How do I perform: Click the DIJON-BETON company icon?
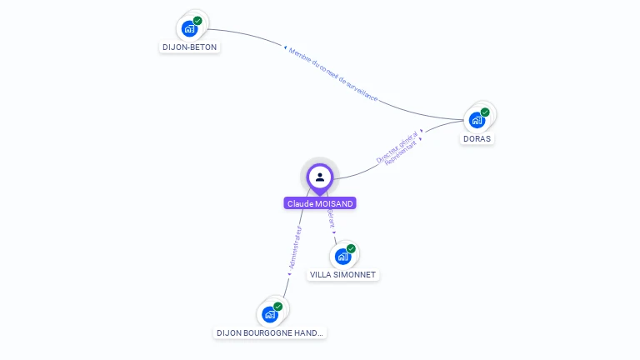tap(190, 28)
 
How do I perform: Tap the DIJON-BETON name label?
tap(189, 47)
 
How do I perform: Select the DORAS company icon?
tap(477, 119)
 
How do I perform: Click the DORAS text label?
tap(477, 138)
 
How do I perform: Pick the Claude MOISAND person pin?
tap(320, 177)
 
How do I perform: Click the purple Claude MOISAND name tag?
tap(320, 203)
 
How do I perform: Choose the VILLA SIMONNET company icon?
tap(342, 256)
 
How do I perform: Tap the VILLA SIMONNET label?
tap(343, 274)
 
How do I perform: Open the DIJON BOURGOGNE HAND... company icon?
tap(270, 314)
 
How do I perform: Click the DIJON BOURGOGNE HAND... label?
tap(270, 332)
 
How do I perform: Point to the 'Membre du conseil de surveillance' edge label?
tap(333, 74)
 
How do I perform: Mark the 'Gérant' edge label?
tap(331, 218)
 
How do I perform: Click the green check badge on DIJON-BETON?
tap(197, 21)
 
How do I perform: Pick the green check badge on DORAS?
tap(484, 112)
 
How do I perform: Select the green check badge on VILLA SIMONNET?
tap(351, 248)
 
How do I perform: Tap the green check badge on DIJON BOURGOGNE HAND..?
tap(277, 307)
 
